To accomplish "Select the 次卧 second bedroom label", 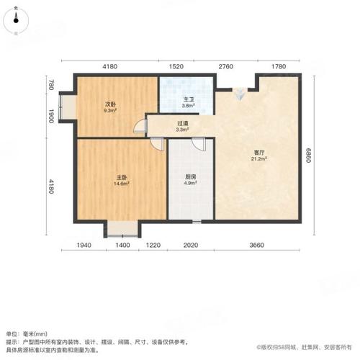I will click(x=110, y=105).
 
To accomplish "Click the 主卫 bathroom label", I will click(x=187, y=99).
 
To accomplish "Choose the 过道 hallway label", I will click(x=183, y=123).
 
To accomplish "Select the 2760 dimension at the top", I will click(x=228, y=66).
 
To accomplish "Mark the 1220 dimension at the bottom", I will click(x=153, y=246).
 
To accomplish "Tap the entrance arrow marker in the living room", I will click(x=239, y=90).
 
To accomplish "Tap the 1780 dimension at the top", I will click(x=280, y=66).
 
